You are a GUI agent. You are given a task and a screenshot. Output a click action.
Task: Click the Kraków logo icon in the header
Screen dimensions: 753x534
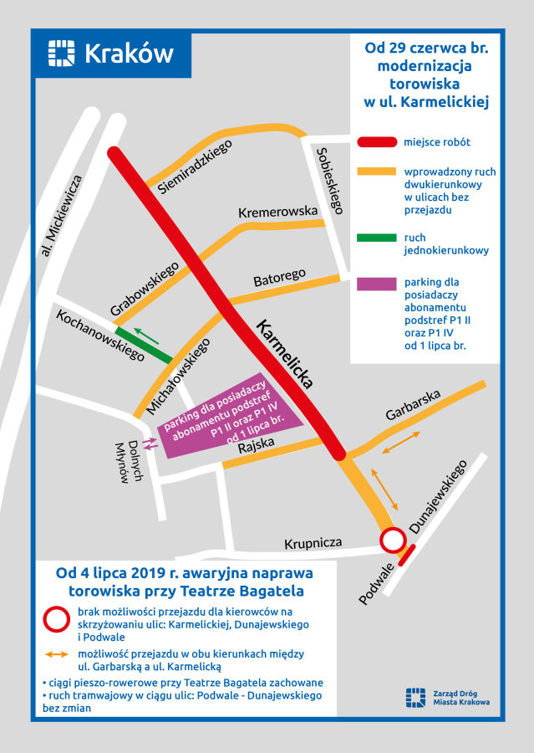[x=62, y=53]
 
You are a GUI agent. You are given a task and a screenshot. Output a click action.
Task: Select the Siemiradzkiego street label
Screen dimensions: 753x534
[x=194, y=167]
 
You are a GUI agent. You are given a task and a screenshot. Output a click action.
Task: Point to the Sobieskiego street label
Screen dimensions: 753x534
[x=329, y=180]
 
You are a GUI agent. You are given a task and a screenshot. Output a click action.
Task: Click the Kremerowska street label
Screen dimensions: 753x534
[x=278, y=212]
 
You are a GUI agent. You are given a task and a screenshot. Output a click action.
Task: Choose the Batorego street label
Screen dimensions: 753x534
[x=279, y=277]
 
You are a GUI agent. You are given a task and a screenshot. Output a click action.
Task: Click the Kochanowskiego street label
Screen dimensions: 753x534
[x=100, y=336]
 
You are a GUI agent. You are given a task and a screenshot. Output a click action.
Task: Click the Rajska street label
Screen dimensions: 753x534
[x=256, y=445]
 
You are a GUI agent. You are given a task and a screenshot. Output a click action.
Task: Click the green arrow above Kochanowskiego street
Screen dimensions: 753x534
[x=144, y=335]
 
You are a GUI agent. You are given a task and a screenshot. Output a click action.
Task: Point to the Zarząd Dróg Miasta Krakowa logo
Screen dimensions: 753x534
[x=414, y=697]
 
